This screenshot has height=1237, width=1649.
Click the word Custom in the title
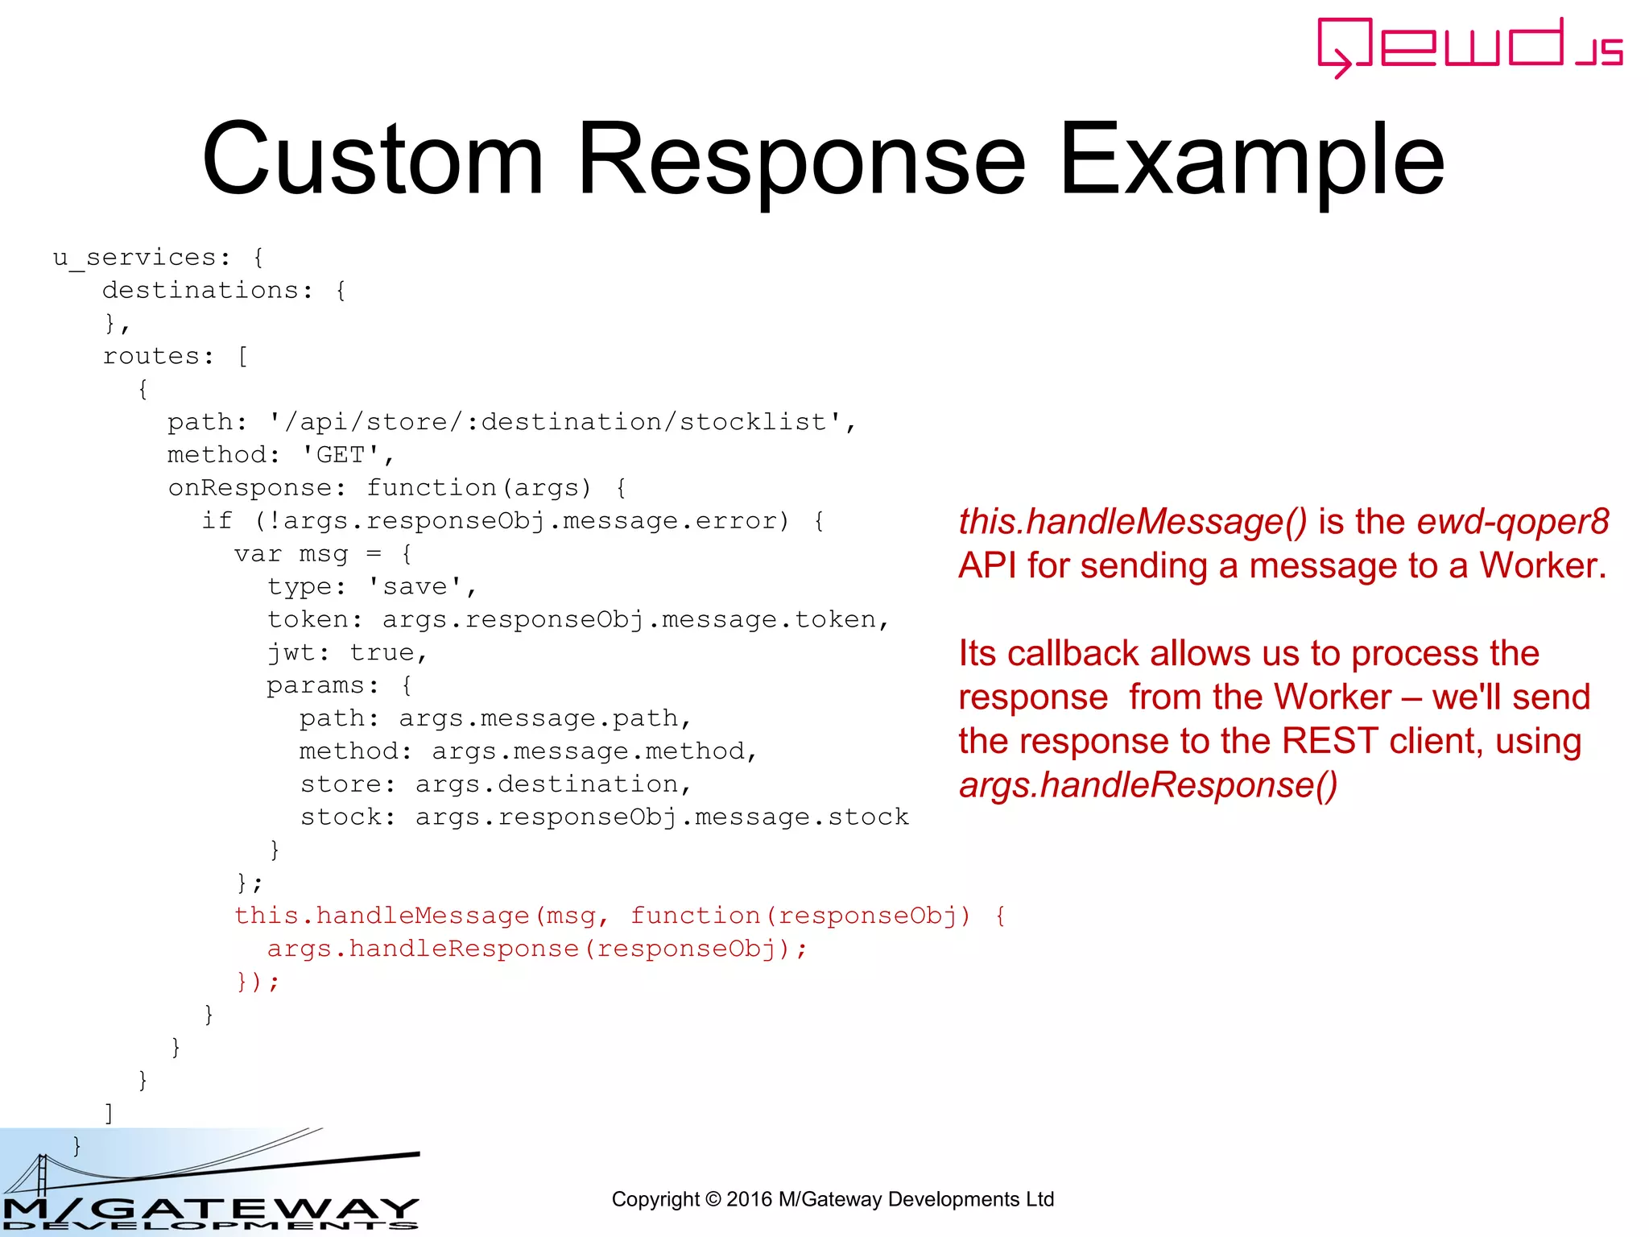click(x=373, y=159)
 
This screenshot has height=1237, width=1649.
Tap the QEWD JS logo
click(x=1469, y=47)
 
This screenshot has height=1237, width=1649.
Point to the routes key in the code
click(x=151, y=356)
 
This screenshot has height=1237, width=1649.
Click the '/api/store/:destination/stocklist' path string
click(x=556, y=422)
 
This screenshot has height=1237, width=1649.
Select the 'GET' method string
click(x=341, y=455)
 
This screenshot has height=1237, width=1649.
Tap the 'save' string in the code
click(x=415, y=586)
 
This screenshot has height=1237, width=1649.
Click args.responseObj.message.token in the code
click(x=629, y=619)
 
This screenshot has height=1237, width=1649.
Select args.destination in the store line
click(x=547, y=784)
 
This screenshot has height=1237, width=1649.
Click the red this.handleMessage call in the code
click(x=382, y=916)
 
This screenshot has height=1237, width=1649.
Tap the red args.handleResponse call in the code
click(x=423, y=949)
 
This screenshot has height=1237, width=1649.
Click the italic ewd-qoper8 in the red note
click(x=1512, y=522)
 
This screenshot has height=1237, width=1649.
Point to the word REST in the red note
click(x=1329, y=741)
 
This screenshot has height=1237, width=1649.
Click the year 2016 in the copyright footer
click(x=749, y=1199)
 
